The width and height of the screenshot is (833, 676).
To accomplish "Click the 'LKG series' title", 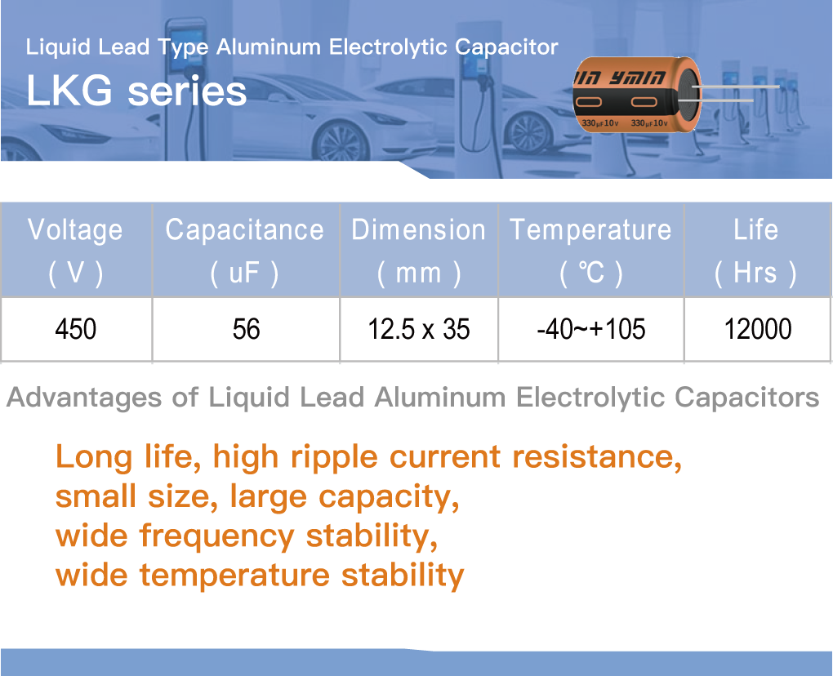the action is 136,91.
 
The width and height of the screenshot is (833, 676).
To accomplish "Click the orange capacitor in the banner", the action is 638,94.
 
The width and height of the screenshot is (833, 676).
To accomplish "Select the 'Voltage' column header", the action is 75,229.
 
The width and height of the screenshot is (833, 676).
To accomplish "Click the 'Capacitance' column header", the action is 244,229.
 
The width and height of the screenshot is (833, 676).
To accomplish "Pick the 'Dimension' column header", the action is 419,229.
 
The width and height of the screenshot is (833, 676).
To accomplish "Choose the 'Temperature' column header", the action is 590,230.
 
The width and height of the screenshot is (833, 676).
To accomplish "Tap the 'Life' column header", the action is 756,229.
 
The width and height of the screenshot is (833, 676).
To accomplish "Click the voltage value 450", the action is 75,329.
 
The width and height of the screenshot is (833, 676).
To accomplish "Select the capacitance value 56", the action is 246,329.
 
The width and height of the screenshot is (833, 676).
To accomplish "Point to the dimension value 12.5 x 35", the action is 419,329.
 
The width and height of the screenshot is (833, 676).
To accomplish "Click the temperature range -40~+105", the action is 591,329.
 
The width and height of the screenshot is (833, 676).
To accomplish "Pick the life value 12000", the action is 758,329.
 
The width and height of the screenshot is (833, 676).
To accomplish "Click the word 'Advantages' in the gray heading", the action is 84,398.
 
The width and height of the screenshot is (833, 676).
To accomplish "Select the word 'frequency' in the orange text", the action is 216,537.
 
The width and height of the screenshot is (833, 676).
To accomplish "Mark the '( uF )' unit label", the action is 244,273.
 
